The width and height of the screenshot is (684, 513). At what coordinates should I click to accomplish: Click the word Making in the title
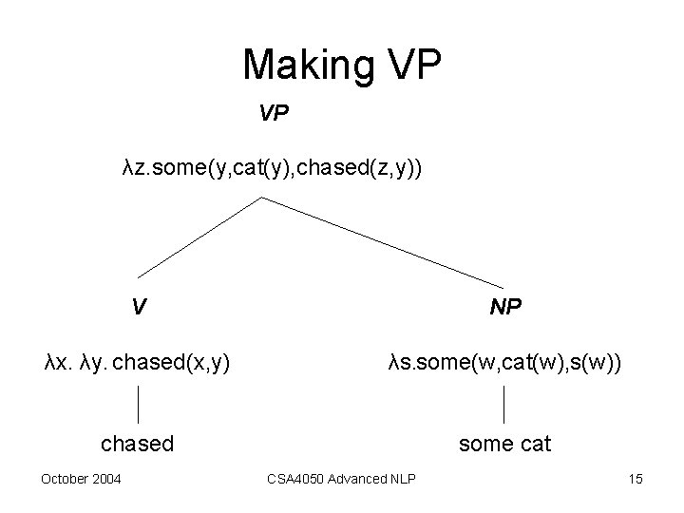[295, 66]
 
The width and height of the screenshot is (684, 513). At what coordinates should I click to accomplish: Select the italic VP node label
[274, 115]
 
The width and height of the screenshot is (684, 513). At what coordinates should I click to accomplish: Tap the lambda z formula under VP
[273, 168]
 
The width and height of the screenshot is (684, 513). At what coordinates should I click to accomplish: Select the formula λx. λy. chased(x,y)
[137, 361]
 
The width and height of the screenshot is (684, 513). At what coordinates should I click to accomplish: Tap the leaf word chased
[138, 443]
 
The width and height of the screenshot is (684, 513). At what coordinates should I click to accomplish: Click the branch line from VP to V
[199, 237]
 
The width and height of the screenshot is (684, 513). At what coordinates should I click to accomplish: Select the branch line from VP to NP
[380, 242]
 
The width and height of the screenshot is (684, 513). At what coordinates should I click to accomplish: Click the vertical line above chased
[140, 404]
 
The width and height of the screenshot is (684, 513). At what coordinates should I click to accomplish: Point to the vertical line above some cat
[503, 404]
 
